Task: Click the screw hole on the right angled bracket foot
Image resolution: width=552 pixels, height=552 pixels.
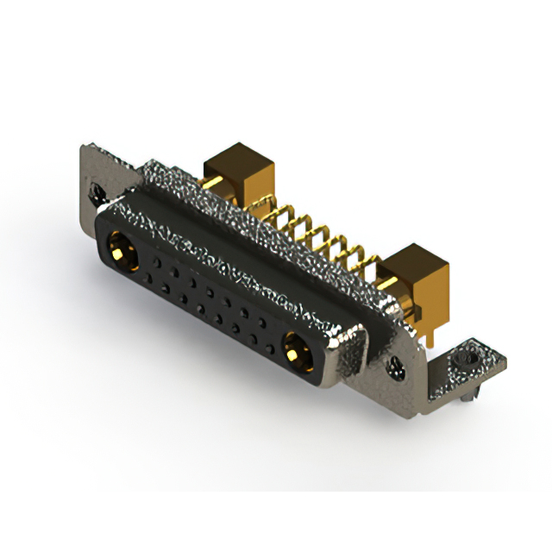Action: point(467,355)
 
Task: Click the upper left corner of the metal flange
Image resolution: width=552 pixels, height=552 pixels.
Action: point(84,148)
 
